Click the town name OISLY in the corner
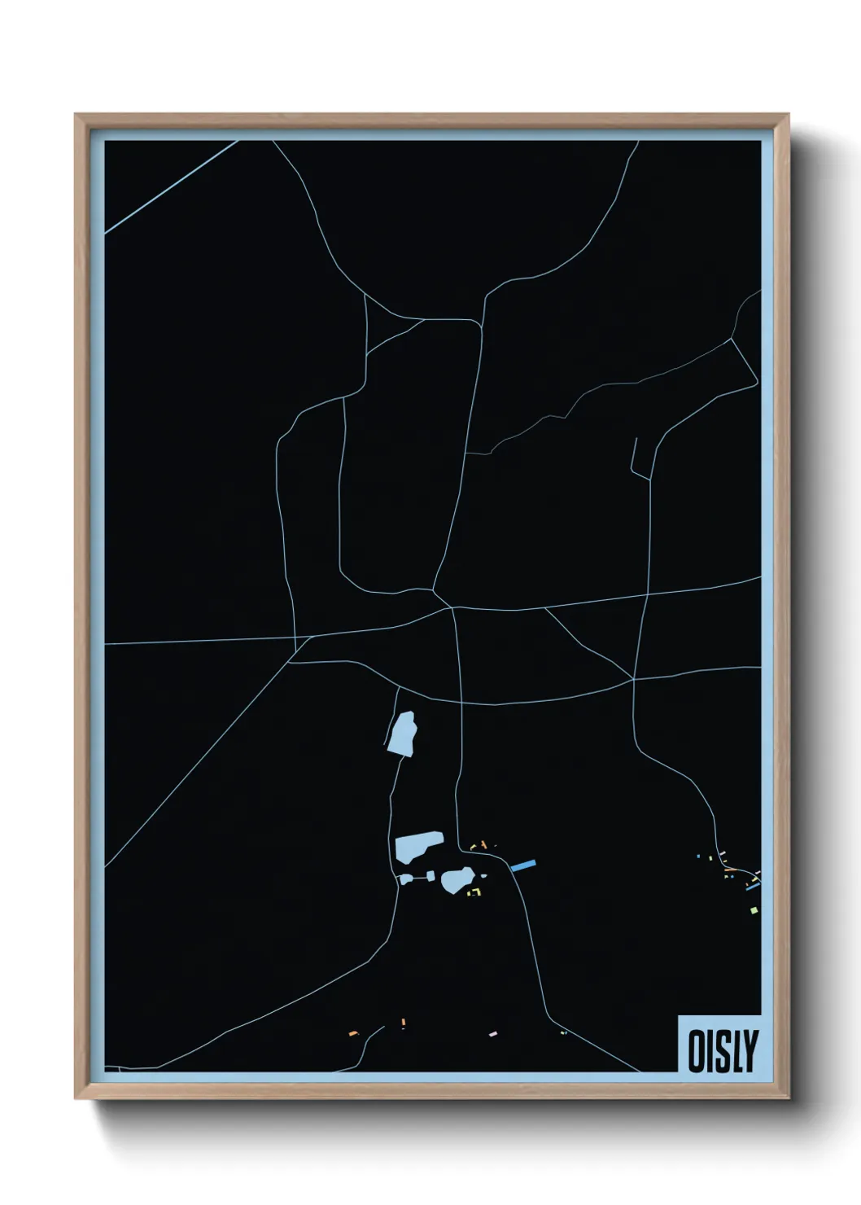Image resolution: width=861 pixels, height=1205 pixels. (x=723, y=1050)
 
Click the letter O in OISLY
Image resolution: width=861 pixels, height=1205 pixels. (x=698, y=1051)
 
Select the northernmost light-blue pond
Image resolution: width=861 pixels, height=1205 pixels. (x=402, y=734)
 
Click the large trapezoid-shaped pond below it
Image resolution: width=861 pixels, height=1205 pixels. (x=417, y=846)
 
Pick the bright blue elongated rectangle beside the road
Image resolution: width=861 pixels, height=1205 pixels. (x=523, y=865)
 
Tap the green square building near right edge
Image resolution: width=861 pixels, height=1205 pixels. (x=754, y=909)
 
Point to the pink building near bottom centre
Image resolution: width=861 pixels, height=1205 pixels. (x=492, y=1033)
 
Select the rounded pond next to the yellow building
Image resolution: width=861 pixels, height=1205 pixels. (x=457, y=880)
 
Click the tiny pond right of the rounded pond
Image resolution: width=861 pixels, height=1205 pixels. (x=483, y=876)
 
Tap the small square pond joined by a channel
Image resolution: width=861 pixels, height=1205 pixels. (x=404, y=879)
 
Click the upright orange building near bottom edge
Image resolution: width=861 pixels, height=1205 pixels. (x=403, y=1023)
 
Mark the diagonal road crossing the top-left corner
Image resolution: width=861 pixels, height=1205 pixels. (x=171, y=186)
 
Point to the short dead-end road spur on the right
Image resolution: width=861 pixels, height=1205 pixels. (x=634, y=456)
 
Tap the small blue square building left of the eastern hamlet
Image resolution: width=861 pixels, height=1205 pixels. (x=698, y=856)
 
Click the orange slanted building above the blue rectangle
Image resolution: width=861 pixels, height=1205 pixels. (x=483, y=844)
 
